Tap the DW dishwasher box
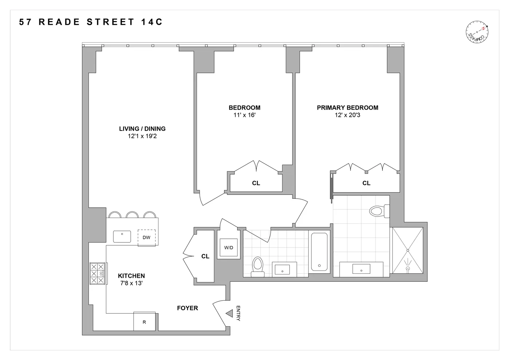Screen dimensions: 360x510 [x=146, y=238]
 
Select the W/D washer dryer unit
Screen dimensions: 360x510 [x=229, y=248]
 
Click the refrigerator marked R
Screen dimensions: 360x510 [x=144, y=322]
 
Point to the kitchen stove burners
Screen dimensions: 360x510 [x=98, y=273]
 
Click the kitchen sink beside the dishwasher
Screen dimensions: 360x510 [x=122, y=236]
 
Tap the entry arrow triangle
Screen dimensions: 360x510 [x=229, y=313]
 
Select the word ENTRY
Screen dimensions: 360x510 [x=238, y=313]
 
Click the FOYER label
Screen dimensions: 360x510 [x=187, y=308]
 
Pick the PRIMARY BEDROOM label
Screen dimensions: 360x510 [x=347, y=108]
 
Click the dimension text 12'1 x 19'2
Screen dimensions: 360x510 [x=142, y=136]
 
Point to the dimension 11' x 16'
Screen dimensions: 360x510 [x=244, y=115]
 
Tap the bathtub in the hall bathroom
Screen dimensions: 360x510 [x=319, y=252]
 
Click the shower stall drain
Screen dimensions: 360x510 [x=408, y=269]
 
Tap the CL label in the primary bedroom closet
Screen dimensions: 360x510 [x=366, y=183]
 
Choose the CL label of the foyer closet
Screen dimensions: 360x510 [x=205, y=256]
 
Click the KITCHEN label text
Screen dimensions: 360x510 [x=131, y=276]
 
